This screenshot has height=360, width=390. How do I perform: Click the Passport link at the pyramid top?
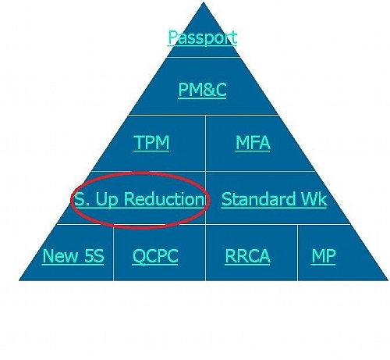point(203,37)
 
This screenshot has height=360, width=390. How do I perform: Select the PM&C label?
point(202,90)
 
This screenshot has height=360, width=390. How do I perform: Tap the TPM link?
point(151,142)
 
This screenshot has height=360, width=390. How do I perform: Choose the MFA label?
point(253,142)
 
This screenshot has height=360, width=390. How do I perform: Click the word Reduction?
point(165,199)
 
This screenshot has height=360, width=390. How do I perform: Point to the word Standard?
point(258,199)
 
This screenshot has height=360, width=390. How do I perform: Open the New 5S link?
point(73,255)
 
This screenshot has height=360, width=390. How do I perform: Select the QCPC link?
point(155,256)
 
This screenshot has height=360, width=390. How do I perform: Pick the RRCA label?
point(247,256)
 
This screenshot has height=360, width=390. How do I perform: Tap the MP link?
point(324,256)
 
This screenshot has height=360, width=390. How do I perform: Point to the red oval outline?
point(140,173)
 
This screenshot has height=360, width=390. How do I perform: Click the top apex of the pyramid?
point(204,2)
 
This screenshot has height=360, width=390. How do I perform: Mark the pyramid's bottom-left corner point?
point(19,280)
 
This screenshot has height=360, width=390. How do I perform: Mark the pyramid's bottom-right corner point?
point(388,280)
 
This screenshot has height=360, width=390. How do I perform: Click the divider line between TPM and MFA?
point(205,143)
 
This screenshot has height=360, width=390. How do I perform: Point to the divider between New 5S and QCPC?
point(113,253)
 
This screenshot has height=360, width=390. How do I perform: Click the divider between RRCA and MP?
point(298,253)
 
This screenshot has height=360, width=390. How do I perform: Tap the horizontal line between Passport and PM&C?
point(204,57)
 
